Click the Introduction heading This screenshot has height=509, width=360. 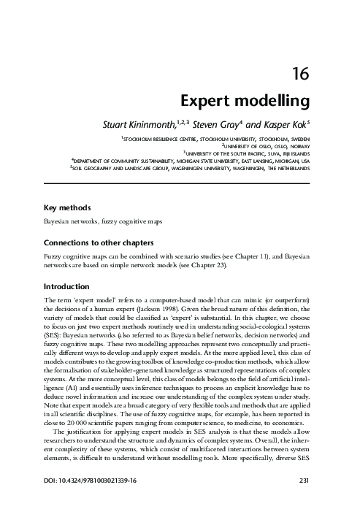(x=66, y=286)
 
